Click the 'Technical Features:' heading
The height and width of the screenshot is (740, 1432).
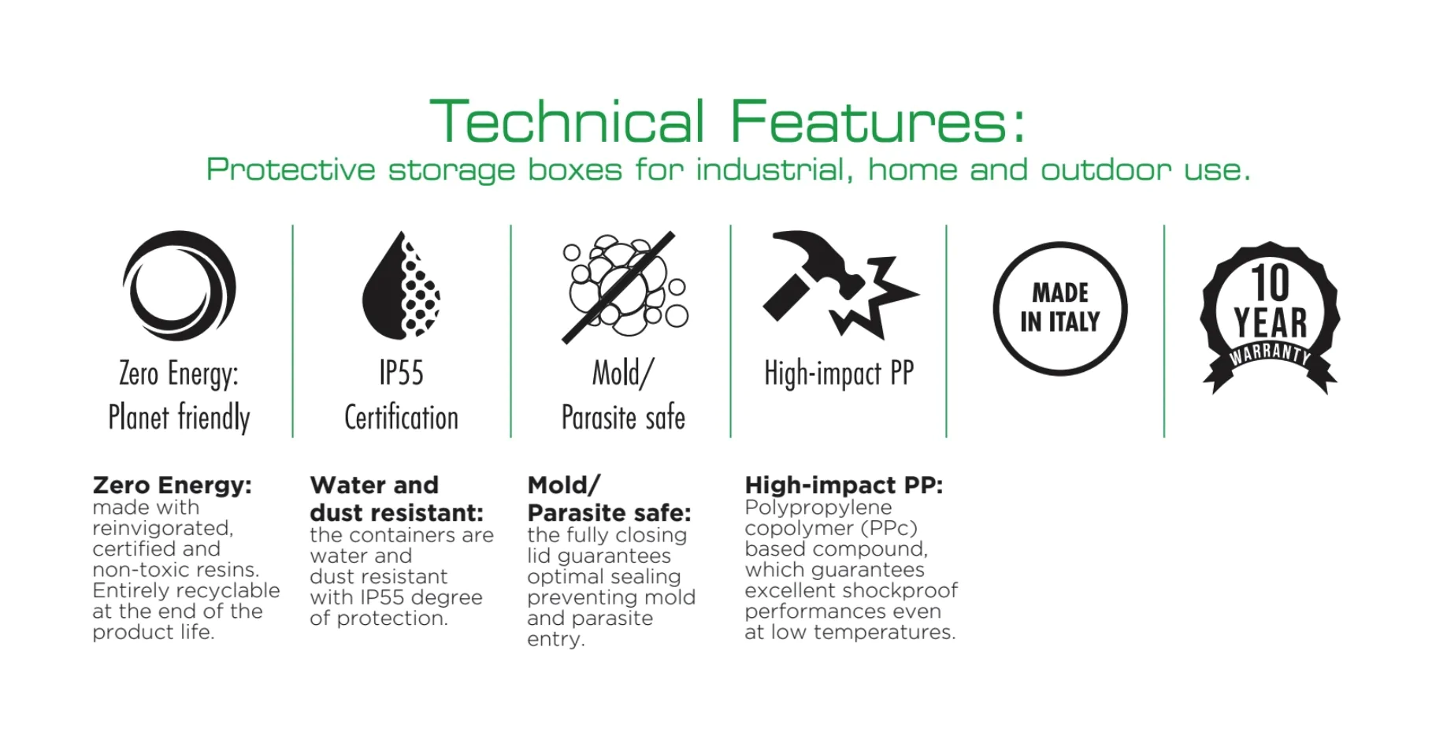[x=728, y=122]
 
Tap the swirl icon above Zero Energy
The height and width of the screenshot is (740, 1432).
[x=179, y=286]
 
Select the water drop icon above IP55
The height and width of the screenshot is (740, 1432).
[x=401, y=286]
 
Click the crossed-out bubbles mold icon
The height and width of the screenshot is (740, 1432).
[x=622, y=287]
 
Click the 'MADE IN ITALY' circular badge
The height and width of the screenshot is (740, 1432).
[x=1059, y=308]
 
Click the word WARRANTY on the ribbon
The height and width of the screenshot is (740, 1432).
[x=1270, y=353]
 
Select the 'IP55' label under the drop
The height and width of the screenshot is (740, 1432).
[x=401, y=374]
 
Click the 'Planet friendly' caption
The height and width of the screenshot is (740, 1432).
[x=179, y=418]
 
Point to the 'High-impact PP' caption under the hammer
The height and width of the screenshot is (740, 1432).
[x=839, y=374]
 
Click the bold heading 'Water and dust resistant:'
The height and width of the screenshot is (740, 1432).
[x=396, y=499]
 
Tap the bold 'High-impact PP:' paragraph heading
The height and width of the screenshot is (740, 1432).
[x=844, y=485]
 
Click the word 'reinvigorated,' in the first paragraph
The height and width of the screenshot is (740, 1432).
[x=163, y=528]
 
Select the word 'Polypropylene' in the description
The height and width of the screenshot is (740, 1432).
[x=818, y=508]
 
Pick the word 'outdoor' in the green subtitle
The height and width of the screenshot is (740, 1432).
[x=1107, y=170]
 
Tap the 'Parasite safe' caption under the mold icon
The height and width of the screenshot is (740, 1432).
[x=622, y=418]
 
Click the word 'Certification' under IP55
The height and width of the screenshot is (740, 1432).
[x=401, y=418]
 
